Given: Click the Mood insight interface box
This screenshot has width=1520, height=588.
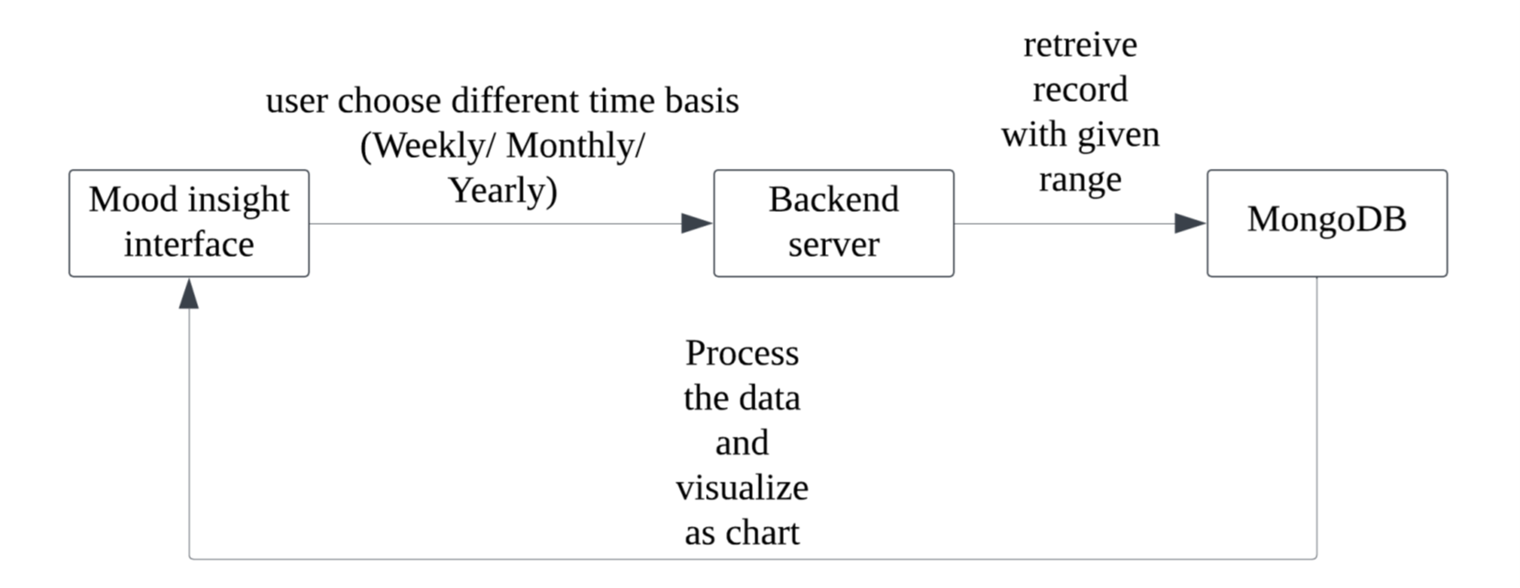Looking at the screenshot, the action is click(x=189, y=224).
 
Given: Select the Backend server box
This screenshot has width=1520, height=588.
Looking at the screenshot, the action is click(x=833, y=224).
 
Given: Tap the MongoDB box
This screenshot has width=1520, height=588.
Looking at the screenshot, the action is click(x=1327, y=224).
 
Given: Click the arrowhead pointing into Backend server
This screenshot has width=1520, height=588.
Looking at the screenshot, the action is click(x=697, y=224).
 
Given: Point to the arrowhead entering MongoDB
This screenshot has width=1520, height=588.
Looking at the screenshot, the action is click(x=1190, y=224).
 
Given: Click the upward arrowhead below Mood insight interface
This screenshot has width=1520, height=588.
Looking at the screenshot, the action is click(x=189, y=294).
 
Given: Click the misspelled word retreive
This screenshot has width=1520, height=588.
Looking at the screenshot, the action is click(x=1080, y=46).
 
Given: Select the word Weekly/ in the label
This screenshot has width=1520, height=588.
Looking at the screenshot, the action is click(x=429, y=146).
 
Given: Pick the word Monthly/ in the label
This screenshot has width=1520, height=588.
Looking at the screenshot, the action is click(x=576, y=146).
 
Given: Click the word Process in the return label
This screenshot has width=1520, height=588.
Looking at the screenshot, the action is click(x=742, y=353).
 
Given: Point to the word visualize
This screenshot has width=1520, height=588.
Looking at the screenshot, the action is click(x=742, y=487).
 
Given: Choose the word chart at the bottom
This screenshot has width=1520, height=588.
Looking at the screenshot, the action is click(x=762, y=533).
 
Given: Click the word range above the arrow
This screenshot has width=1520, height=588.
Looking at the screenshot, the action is click(x=1080, y=181).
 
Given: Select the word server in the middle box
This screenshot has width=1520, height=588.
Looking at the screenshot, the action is click(x=833, y=244).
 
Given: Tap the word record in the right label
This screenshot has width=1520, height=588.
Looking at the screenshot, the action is click(x=1080, y=90).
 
